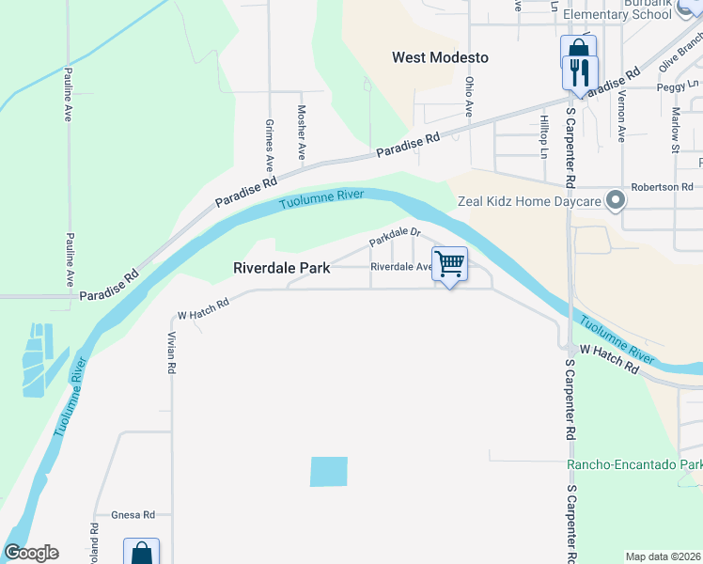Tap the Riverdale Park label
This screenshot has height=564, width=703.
tap(282, 268)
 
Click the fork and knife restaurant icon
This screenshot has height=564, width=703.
tap(579, 71)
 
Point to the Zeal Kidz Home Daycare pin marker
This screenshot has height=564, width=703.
tap(616, 200)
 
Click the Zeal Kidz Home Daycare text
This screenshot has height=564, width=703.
tap(528, 201)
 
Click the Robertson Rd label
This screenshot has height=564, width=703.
tap(661, 187)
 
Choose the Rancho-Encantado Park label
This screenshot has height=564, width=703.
tap(634, 465)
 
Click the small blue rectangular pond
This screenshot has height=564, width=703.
tap(329, 472)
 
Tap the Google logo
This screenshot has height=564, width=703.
tap(31, 553)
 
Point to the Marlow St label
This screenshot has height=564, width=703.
tap(675, 130)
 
